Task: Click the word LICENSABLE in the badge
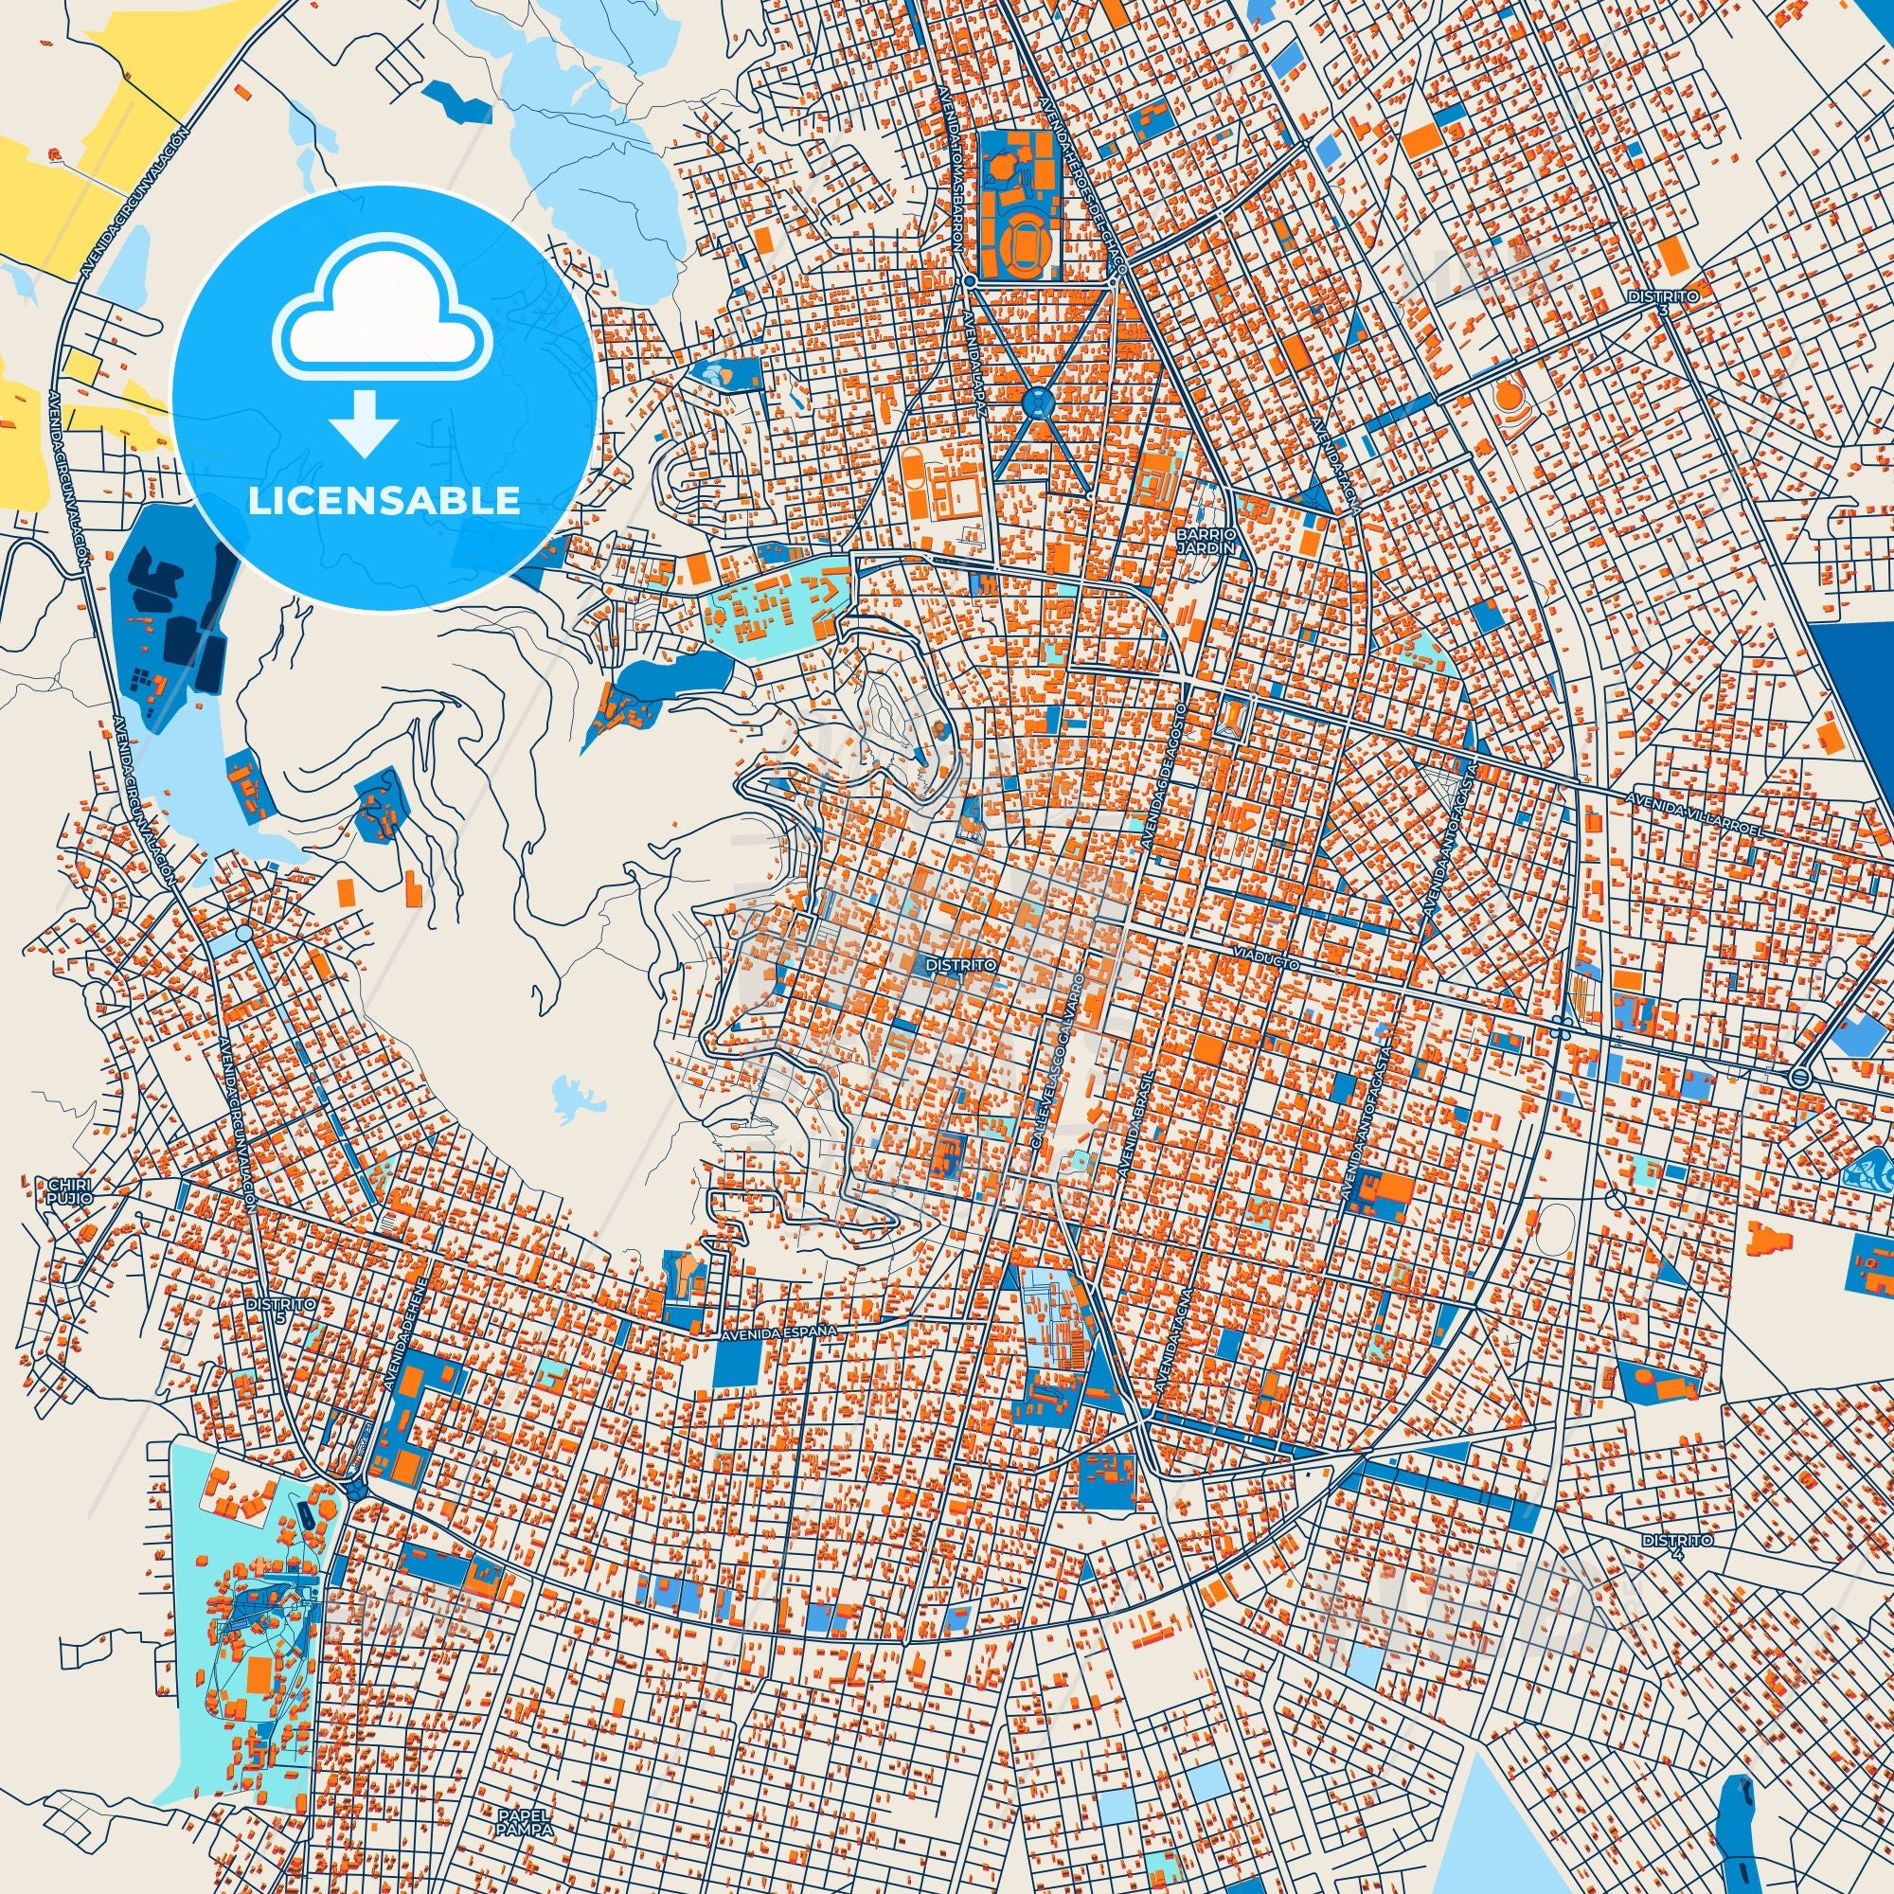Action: (384, 500)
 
